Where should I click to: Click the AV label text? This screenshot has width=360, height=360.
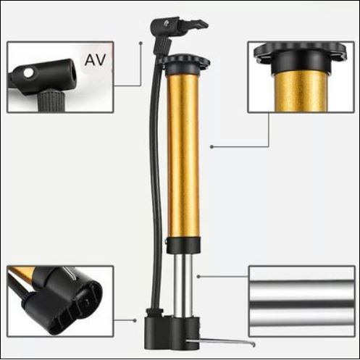pos(96,60)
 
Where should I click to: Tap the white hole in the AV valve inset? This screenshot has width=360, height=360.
pos(29,73)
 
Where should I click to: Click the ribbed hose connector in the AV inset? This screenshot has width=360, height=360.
pos(51,101)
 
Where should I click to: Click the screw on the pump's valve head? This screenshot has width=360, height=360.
pos(167,23)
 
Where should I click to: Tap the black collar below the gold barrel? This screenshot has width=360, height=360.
pos(183,245)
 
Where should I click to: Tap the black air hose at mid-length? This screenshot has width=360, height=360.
pos(155,174)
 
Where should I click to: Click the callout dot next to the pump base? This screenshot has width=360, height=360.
pos(135,320)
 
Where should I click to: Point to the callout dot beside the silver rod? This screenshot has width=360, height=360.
pos(198,277)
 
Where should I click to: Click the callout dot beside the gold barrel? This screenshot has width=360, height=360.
pos(212,146)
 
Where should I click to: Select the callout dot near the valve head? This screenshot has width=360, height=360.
pos(141,43)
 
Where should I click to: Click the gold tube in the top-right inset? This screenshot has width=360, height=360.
pos(301,92)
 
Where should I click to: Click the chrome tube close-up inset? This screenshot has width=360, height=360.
pos(302,301)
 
